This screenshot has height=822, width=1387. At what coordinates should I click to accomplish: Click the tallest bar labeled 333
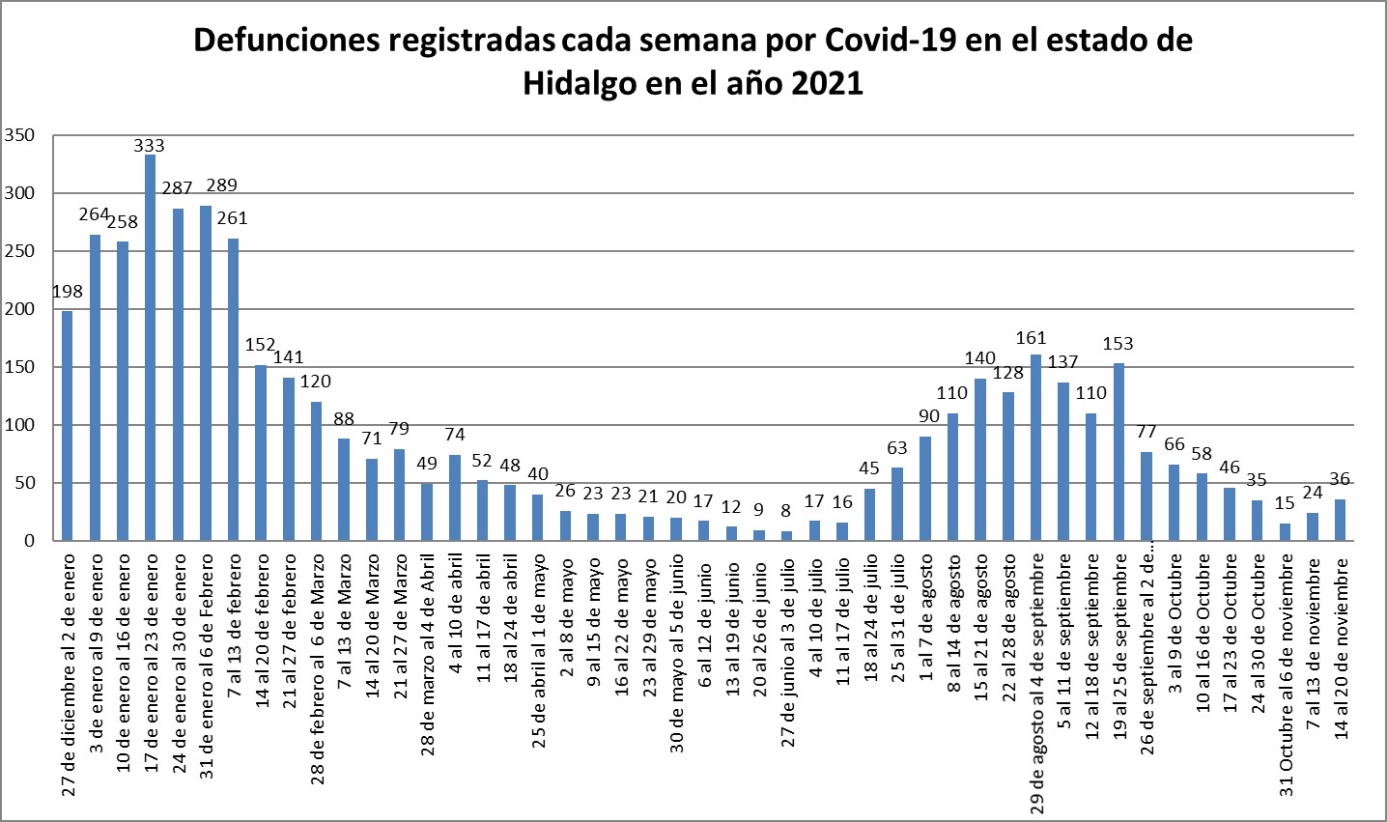150,348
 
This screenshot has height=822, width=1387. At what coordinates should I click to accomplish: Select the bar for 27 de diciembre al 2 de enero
67,426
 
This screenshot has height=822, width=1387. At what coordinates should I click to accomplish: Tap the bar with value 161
1036,447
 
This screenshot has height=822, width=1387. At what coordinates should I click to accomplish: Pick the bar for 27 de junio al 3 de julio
786,536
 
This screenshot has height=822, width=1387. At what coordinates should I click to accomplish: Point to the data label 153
1118,343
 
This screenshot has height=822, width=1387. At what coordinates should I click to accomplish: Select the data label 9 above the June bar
758,509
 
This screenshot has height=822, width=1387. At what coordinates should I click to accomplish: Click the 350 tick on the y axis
19,135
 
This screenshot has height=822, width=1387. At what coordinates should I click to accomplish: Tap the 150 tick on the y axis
19,367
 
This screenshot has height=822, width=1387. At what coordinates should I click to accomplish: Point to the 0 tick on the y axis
29,541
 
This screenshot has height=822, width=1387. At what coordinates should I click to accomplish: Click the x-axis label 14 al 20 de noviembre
1342,648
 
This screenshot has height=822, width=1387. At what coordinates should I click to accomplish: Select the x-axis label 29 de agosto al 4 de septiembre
1036,683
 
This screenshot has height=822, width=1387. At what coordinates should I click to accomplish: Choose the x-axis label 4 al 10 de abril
456,619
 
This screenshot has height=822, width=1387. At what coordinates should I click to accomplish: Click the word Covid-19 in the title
891,41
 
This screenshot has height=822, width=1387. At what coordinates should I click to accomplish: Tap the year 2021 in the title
827,84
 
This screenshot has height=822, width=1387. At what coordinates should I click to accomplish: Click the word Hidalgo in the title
580,85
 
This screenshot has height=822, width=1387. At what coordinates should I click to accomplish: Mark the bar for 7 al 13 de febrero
233,389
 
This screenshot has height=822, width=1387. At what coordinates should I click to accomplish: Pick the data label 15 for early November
1285,502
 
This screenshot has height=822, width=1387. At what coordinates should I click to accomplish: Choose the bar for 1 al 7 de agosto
925,489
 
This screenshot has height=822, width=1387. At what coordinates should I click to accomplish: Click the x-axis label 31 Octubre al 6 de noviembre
1287,675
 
